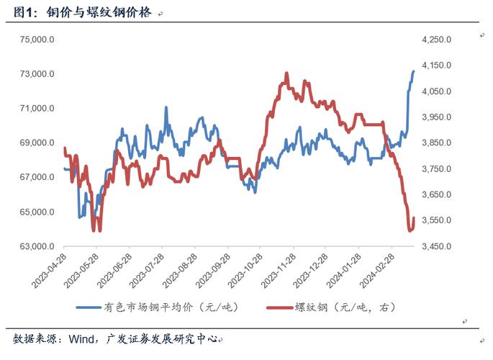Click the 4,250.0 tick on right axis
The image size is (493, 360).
coord(436,40)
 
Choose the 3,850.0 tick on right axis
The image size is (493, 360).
coord(436,143)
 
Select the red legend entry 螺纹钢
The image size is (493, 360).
coord(344,307)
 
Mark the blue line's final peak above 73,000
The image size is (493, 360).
coord(413,71)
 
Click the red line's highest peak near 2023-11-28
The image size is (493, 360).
coord(286,73)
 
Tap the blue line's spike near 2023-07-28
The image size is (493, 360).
coord(166,107)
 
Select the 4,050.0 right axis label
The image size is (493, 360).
coord(436,91)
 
